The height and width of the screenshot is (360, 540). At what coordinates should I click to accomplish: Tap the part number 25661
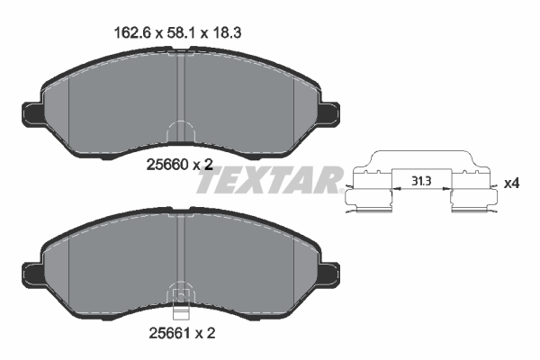164,332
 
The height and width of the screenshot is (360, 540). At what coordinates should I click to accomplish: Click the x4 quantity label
511,184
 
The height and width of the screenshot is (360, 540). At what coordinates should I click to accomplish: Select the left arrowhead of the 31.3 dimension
393,189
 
